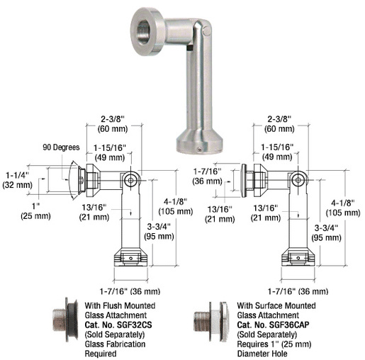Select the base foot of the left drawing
[x=130, y=257]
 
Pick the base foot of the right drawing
[x=300, y=257]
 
